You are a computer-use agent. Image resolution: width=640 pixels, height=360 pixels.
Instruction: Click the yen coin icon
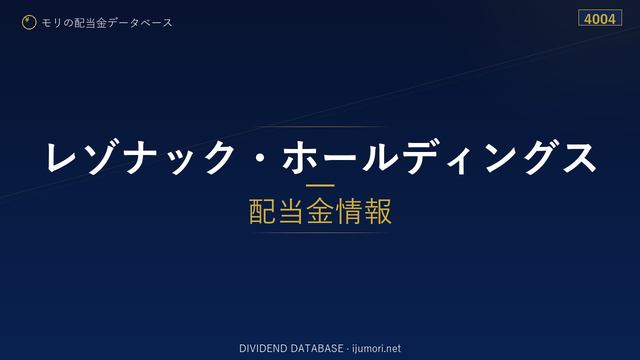point(29,22)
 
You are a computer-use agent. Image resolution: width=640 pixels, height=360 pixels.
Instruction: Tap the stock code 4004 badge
point(600,17)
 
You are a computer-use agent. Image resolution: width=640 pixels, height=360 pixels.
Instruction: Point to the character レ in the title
point(61,157)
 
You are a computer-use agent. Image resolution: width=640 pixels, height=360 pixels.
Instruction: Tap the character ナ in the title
point(141,156)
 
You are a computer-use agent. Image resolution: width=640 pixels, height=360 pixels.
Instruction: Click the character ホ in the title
point(300,157)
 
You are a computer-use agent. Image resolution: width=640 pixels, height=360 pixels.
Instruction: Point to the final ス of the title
point(580,157)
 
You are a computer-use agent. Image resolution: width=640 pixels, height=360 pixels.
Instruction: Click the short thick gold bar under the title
point(320,185)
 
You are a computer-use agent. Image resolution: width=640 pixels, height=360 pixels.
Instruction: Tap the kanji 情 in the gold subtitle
point(349,211)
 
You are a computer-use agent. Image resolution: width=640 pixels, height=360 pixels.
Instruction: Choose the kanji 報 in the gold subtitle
point(377,211)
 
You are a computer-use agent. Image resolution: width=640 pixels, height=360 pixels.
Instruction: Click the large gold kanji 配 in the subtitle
point(262,211)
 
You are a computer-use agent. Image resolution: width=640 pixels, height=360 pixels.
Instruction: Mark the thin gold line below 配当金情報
point(320,233)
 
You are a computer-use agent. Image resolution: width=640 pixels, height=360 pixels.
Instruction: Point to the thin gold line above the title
point(320,126)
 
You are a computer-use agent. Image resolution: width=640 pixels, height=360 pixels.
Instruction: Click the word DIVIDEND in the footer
point(263,348)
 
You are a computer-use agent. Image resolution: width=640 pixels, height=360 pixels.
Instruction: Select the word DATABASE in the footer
point(317,348)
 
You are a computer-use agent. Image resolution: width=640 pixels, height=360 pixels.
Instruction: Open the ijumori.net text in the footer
point(376,349)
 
